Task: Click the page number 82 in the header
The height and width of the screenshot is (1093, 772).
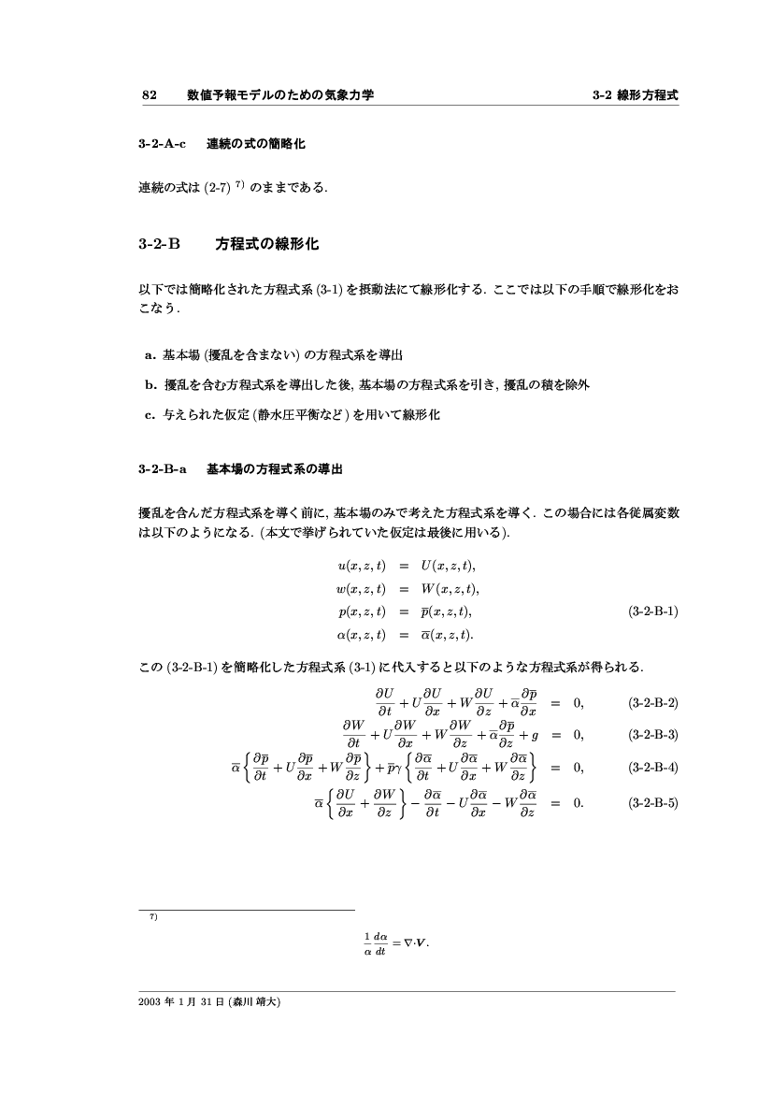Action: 148,94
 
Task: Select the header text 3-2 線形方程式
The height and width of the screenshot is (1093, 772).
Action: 635,94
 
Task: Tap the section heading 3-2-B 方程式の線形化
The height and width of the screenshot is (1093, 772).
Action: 229,244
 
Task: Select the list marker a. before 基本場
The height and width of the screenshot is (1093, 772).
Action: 150,355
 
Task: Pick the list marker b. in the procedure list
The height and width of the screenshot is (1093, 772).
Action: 150,384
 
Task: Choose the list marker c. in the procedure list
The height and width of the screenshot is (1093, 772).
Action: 150,413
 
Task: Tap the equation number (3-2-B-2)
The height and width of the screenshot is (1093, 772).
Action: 653,702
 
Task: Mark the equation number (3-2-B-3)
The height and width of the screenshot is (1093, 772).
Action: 653,734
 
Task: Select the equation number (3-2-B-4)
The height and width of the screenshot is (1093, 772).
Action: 653,767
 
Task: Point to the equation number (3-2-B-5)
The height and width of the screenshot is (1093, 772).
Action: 653,802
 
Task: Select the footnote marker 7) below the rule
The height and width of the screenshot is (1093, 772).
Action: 153,917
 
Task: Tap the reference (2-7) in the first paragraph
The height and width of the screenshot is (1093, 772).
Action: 219,188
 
